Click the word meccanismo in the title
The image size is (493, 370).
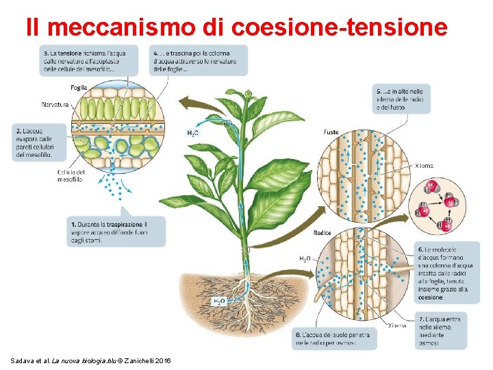[121, 27]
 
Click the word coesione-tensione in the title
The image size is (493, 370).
[340, 27]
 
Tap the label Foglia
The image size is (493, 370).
[79, 88]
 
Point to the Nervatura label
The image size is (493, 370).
[55, 104]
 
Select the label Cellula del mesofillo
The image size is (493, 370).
[71, 175]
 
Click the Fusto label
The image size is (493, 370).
[331, 132]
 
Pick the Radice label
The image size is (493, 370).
[322, 233]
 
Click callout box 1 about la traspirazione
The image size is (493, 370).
[116, 231]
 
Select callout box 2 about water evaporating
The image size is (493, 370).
[31, 143]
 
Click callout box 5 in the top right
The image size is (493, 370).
[401, 99]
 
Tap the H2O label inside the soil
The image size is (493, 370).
[218, 301]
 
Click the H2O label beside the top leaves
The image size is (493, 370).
[193, 133]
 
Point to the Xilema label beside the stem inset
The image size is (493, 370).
[424, 166]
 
